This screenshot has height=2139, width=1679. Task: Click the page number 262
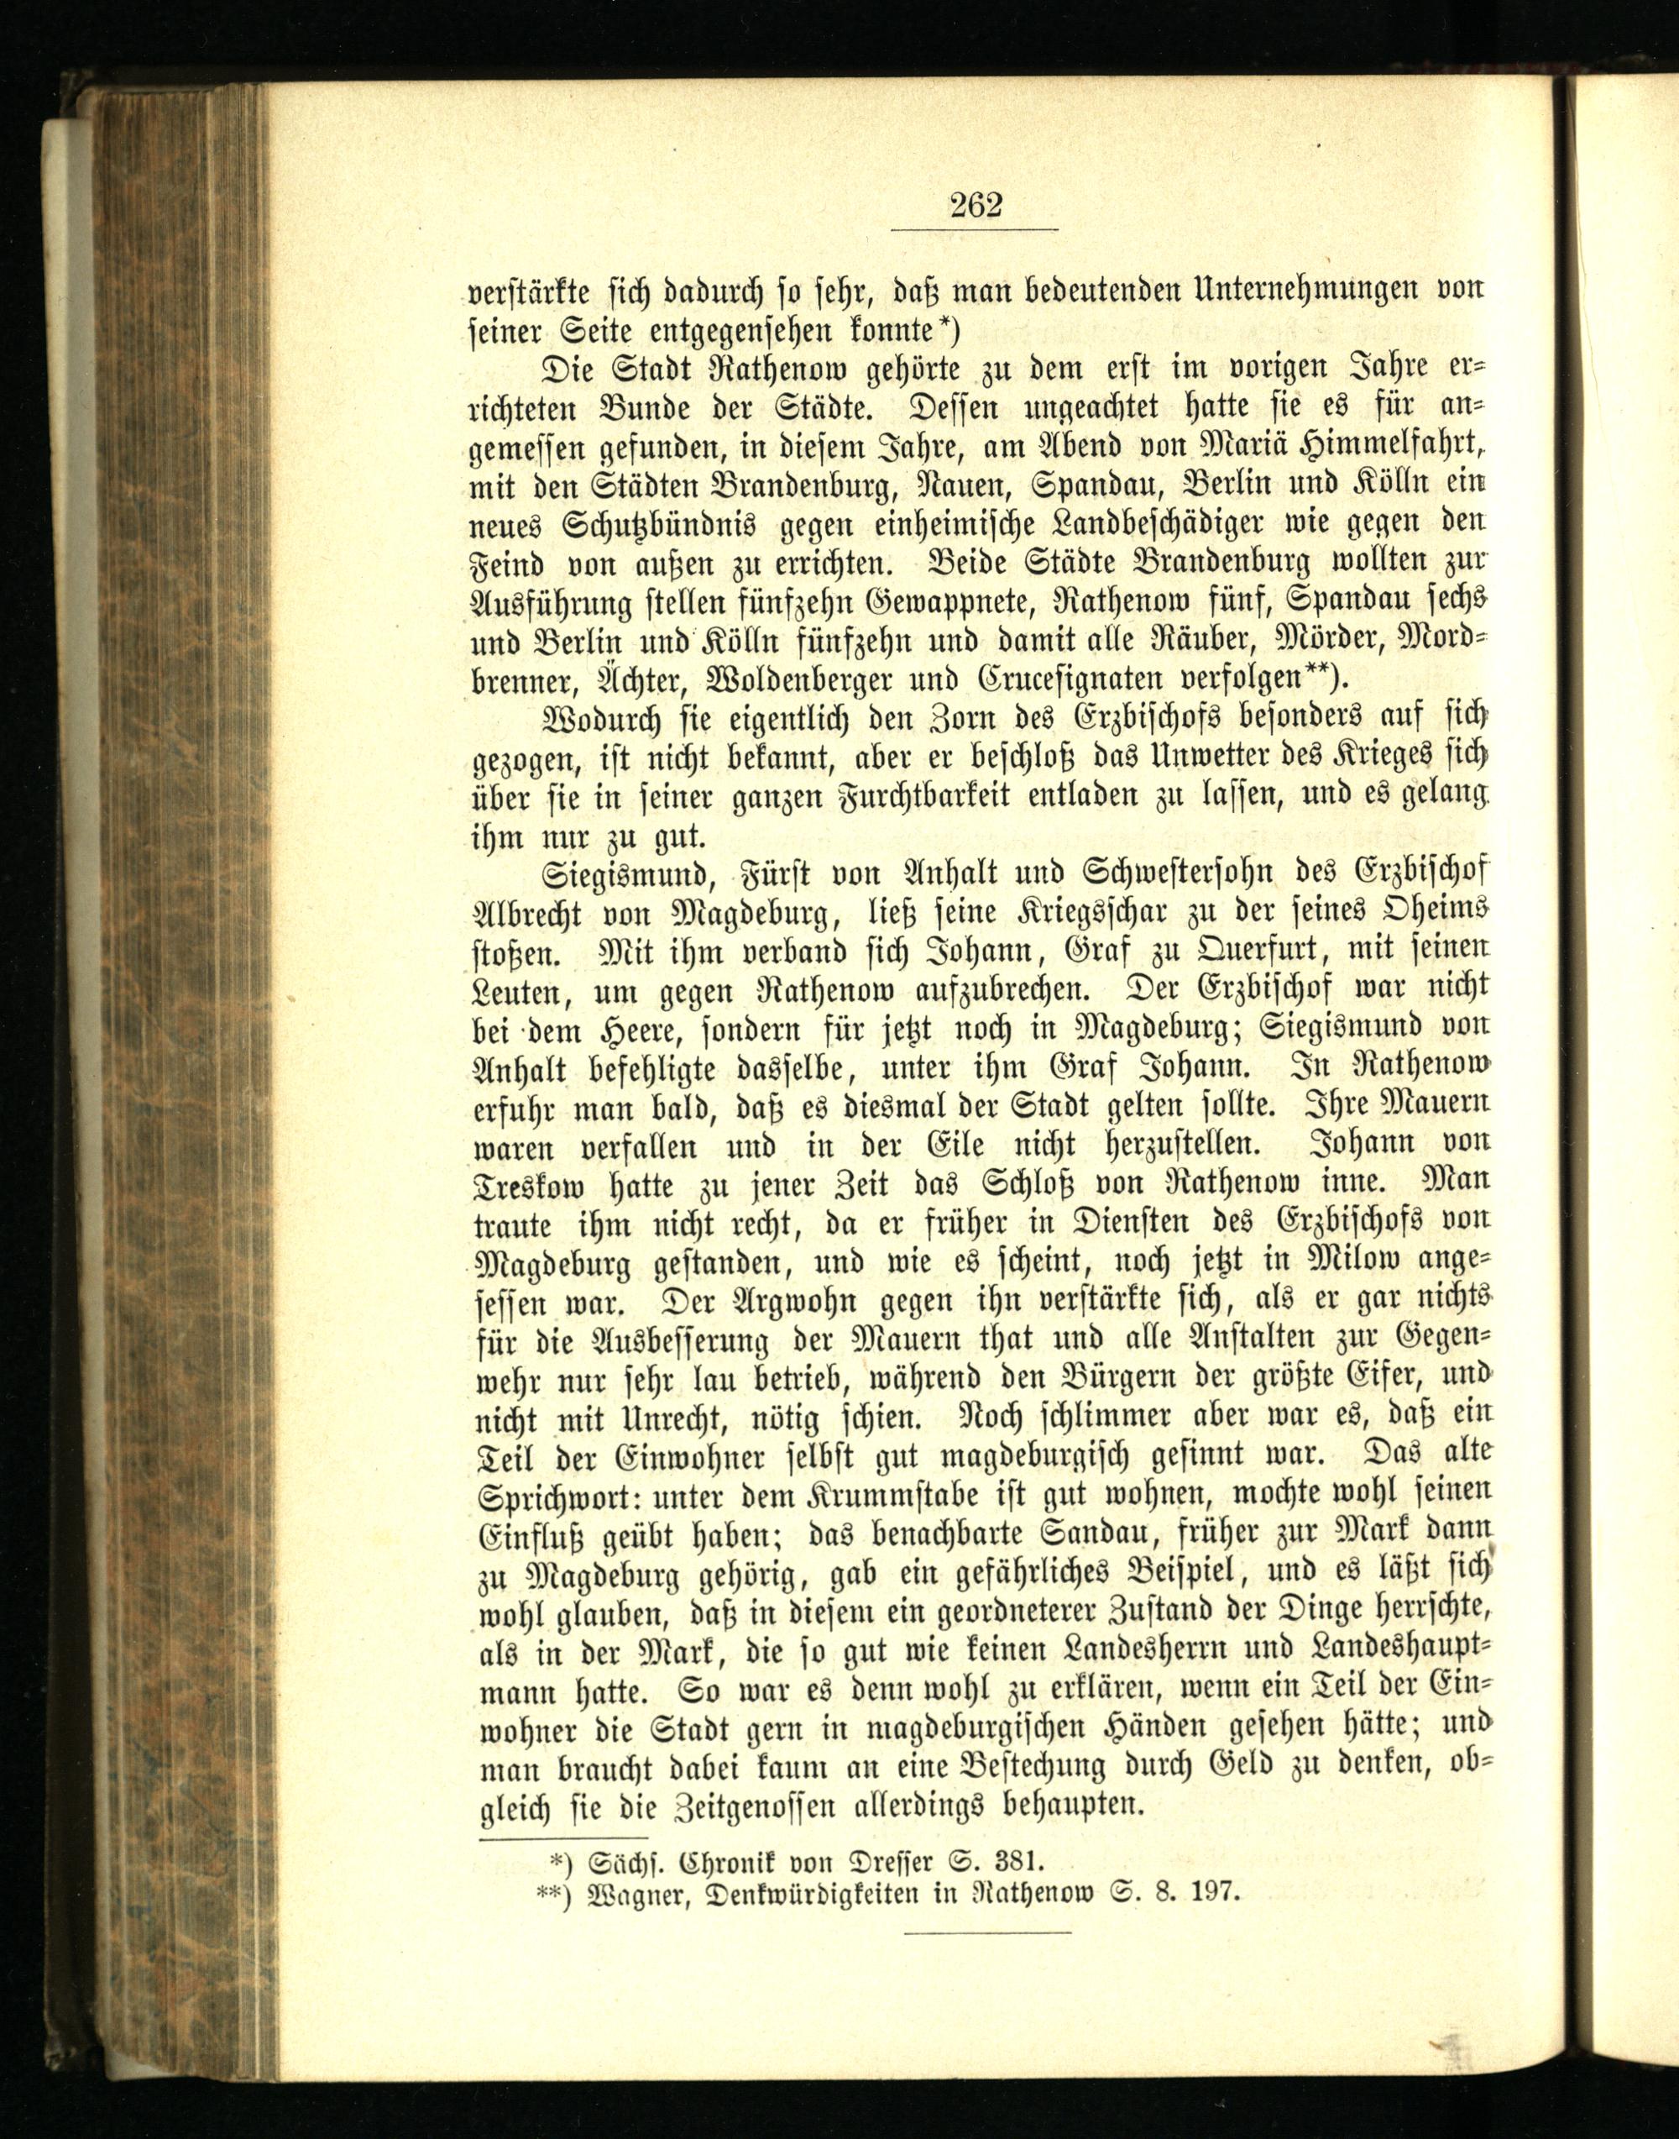click(975, 206)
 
